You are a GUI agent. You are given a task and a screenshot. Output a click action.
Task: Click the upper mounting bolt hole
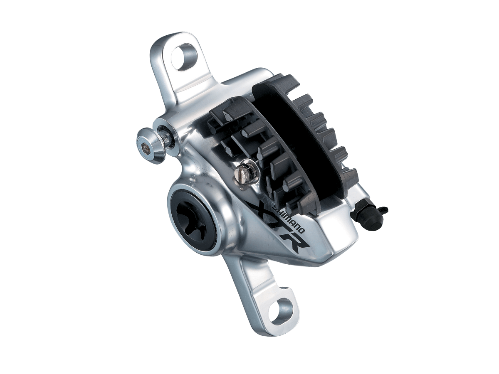(x=184, y=57)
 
